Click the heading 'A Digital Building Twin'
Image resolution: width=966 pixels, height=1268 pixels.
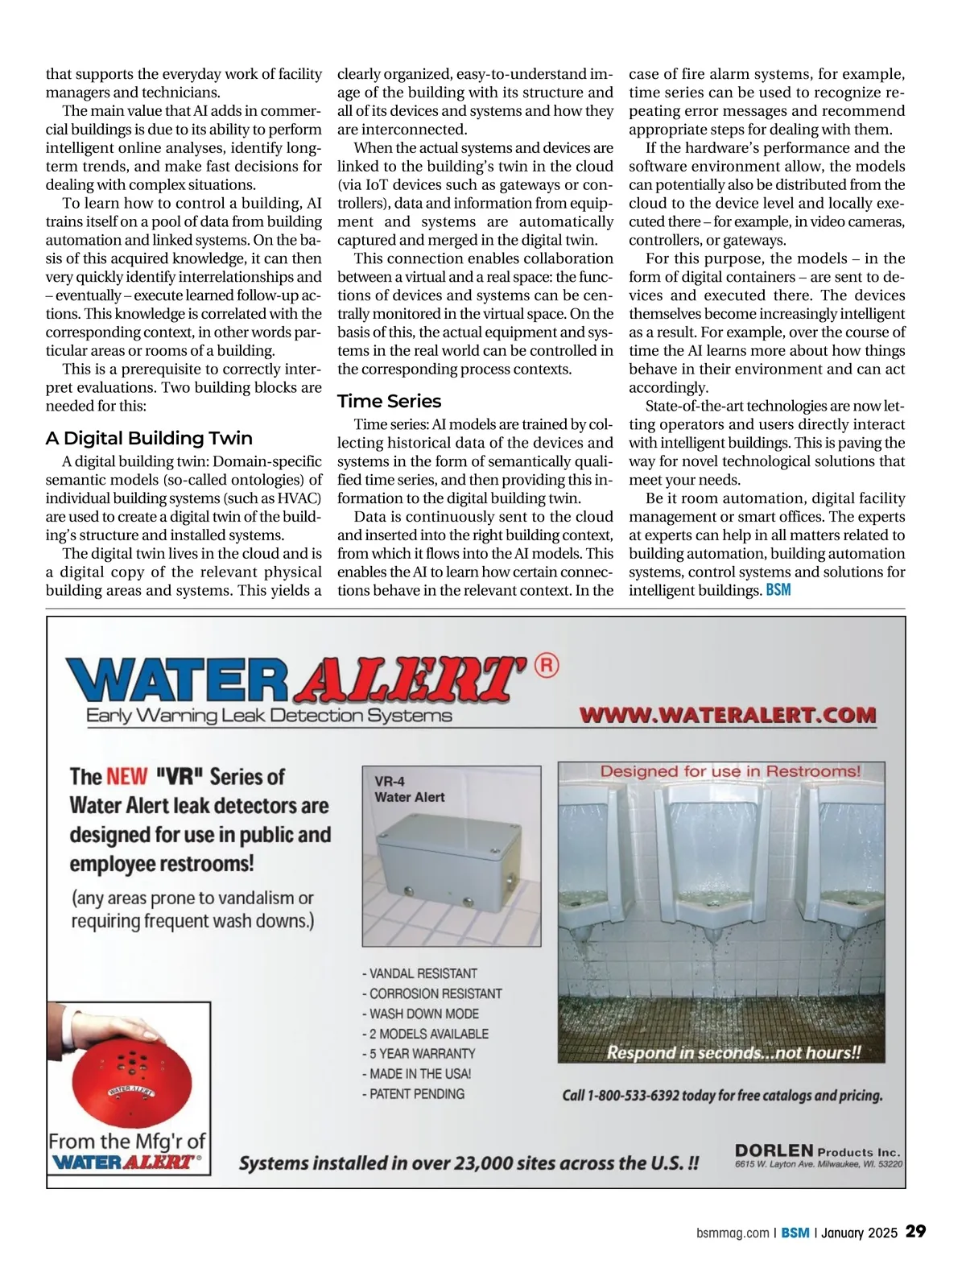(x=149, y=438)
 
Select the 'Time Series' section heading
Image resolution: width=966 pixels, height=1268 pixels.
(x=389, y=401)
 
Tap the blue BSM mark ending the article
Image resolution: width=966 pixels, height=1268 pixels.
(x=778, y=590)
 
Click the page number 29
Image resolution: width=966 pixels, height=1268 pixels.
(x=915, y=1232)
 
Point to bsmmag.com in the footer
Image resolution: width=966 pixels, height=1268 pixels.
(x=732, y=1233)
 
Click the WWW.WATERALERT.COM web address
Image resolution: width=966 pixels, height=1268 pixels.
(x=728, y=715)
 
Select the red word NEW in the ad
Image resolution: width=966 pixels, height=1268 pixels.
(x=127, y=777)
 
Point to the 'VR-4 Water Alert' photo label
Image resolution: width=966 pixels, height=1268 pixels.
(x=409, y=789)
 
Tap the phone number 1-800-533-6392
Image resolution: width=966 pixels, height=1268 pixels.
(x=634, y=1096)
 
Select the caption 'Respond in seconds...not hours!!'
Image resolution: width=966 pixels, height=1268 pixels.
(x=733, y=1052)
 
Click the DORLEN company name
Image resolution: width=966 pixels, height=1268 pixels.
(x=774, y=1151)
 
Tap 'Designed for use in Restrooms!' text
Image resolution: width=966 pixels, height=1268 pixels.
(x=730, y=771)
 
